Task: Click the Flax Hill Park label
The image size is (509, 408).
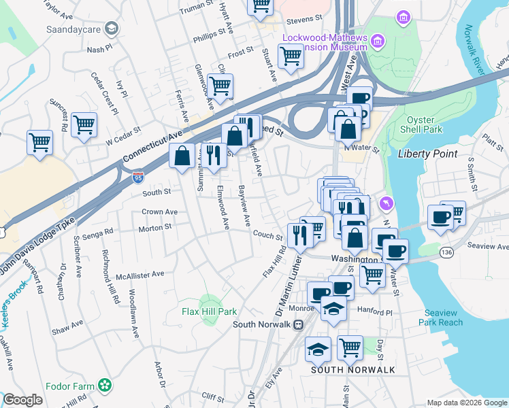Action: point(209,311)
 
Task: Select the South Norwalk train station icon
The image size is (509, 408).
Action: point(297,324)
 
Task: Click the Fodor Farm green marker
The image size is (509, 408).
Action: point(103,386)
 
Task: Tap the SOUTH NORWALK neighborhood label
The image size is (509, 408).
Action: point(344,369)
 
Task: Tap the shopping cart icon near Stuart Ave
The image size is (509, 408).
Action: point(291,56)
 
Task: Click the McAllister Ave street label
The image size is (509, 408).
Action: point(140,275)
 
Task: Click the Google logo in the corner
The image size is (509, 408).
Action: point(22,400)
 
